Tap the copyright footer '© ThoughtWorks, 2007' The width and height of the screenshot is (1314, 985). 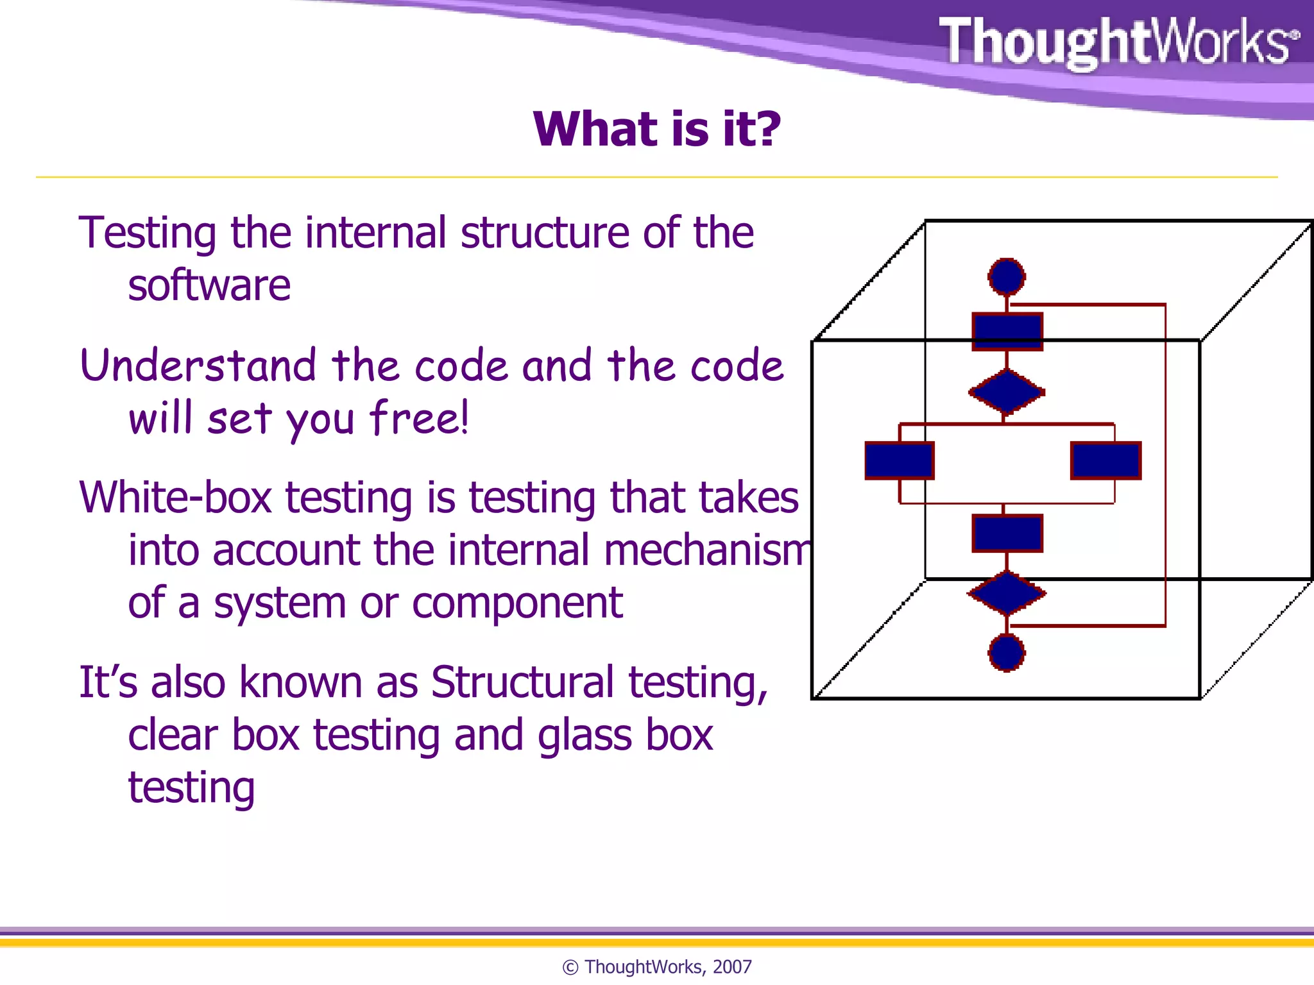point(656,966)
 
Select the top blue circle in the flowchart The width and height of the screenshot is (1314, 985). point(1006,277)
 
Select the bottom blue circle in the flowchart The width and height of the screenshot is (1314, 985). point(1006,653)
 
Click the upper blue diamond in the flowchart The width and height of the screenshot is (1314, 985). point(1006,392)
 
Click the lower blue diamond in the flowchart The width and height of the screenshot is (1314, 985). point(1006,593)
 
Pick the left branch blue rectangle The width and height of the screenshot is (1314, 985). point(899,460)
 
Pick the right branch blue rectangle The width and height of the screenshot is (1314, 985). point(1105,460)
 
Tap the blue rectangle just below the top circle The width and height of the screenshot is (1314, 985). point(1007,332)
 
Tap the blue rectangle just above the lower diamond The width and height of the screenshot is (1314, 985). point(1007,533)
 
